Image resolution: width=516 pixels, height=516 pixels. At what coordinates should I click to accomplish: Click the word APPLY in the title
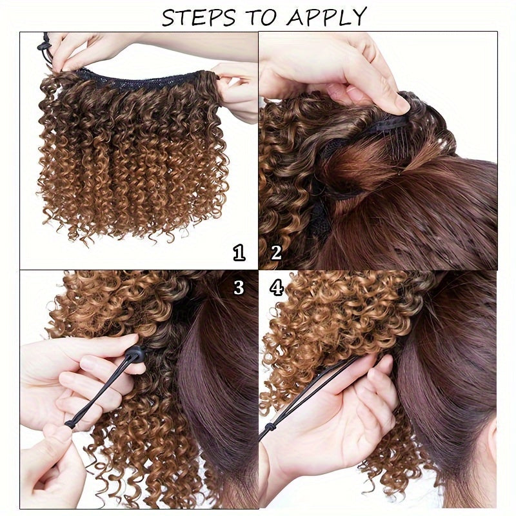[x=328, y=17]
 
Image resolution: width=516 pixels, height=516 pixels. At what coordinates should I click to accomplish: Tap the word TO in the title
[x=265, y=17]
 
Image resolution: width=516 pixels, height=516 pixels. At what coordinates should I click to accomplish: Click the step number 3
[x=239, y=287]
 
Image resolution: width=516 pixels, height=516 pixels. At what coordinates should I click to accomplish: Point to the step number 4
[x=277, y=287]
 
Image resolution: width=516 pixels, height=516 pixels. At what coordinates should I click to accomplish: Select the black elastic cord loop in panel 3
[x=97, y=393]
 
